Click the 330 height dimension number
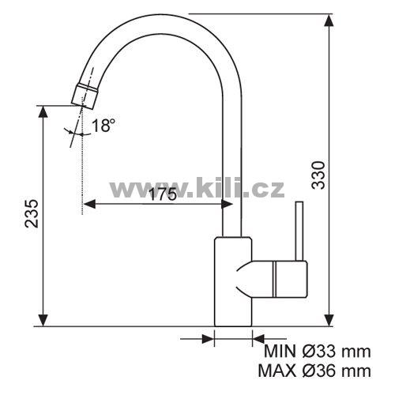pyautogui.click(x=318, y=175)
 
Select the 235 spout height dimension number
pyautogui.click(x=32, y=213)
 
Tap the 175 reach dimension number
pyautogui.click(x=163, y=194)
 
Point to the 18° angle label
pyautogui.click(x=103, y=125)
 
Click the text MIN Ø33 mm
pyautogui.click(x=318, y=352)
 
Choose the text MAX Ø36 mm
pyautogui.click(x=314, y=371)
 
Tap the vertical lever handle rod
pyautogui.click(x=299, y=231)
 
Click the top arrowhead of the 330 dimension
pyautogui.click(x=329, y=21)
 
